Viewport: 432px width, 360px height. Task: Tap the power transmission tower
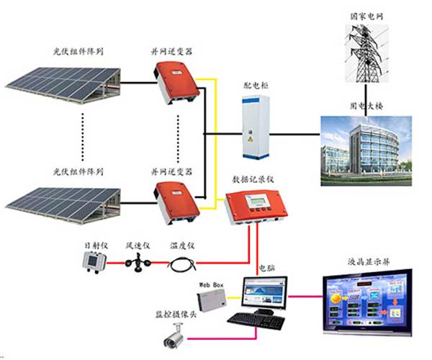click(x=366, y=55)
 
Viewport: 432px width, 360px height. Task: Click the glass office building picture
click(x=365, y=147)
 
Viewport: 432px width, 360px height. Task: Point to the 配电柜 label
click(x=255, y=85)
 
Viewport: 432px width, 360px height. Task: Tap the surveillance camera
click(x=176, y=334)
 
